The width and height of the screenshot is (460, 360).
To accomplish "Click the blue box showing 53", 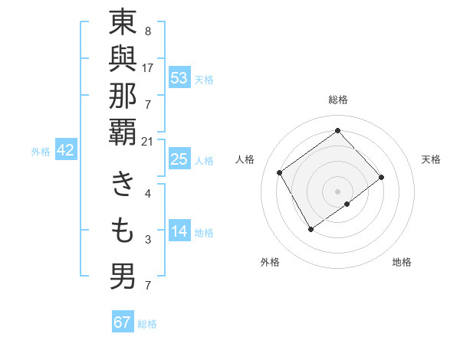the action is [x=179, y=79].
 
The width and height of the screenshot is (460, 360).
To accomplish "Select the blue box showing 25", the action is [x=179, y=160].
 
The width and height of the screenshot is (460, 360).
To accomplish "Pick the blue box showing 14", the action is [x=179, y=231].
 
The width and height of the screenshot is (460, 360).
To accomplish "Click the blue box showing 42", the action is [x=65, y=151].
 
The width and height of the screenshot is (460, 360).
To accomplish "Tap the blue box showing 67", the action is [x=123, y=322].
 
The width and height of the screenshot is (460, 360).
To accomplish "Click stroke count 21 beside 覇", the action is [x=147, y=141].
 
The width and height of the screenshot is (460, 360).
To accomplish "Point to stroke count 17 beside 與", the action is [x=147, y=67].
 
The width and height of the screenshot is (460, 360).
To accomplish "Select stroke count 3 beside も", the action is [x=148, y=240].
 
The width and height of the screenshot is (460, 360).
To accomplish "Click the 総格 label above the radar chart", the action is [x=337, y=100].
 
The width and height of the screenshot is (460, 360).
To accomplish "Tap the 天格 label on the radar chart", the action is [x=432, y=159].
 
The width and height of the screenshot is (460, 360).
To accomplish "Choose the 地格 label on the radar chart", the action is [x=402, y=262].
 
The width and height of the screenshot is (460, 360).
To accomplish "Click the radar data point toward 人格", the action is [x=280, y=172].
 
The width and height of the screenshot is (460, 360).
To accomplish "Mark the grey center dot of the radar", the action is [x=337, y=190].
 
